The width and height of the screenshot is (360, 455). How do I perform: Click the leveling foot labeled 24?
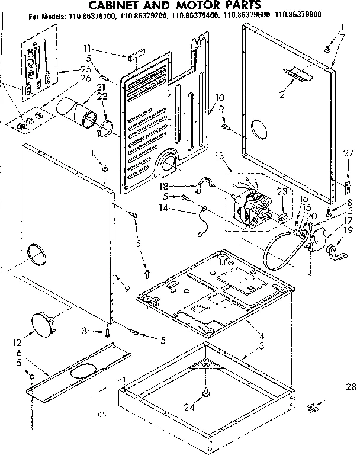click(207, 392)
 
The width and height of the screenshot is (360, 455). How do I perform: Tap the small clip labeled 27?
click(347, 188)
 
